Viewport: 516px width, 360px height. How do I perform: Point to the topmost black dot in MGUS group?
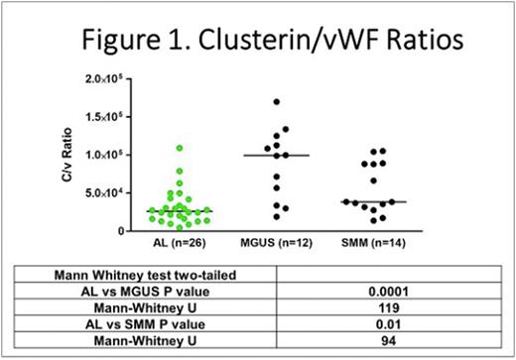(x=276, y=102)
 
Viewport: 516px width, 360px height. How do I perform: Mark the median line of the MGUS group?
(x=276, y=155)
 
